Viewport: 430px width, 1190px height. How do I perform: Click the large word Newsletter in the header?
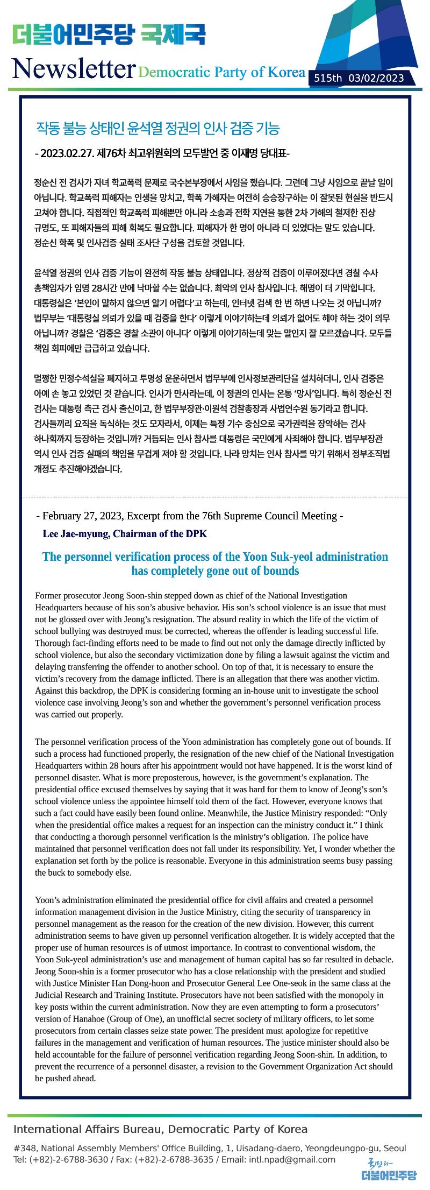[x=73, y=68]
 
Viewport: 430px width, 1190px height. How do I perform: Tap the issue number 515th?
[x=328, y=79]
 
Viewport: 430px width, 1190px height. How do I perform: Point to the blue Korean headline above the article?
[x=157, y=129]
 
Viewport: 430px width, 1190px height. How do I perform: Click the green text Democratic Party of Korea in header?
[x=221, y=72]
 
